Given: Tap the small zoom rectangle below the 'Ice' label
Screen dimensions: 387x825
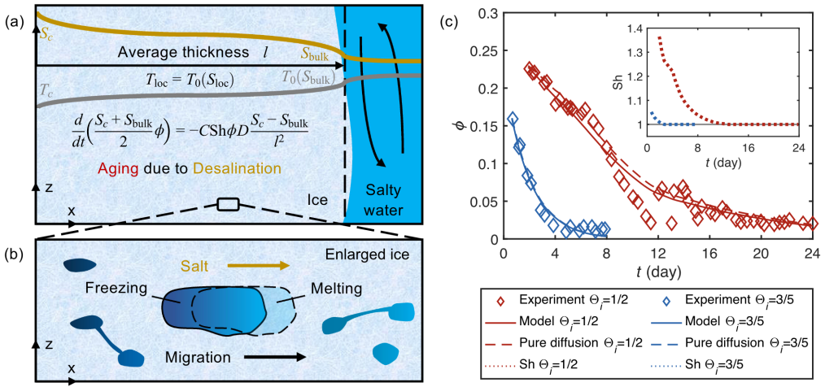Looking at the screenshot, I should pyautogui.click(x=228, y=204).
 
